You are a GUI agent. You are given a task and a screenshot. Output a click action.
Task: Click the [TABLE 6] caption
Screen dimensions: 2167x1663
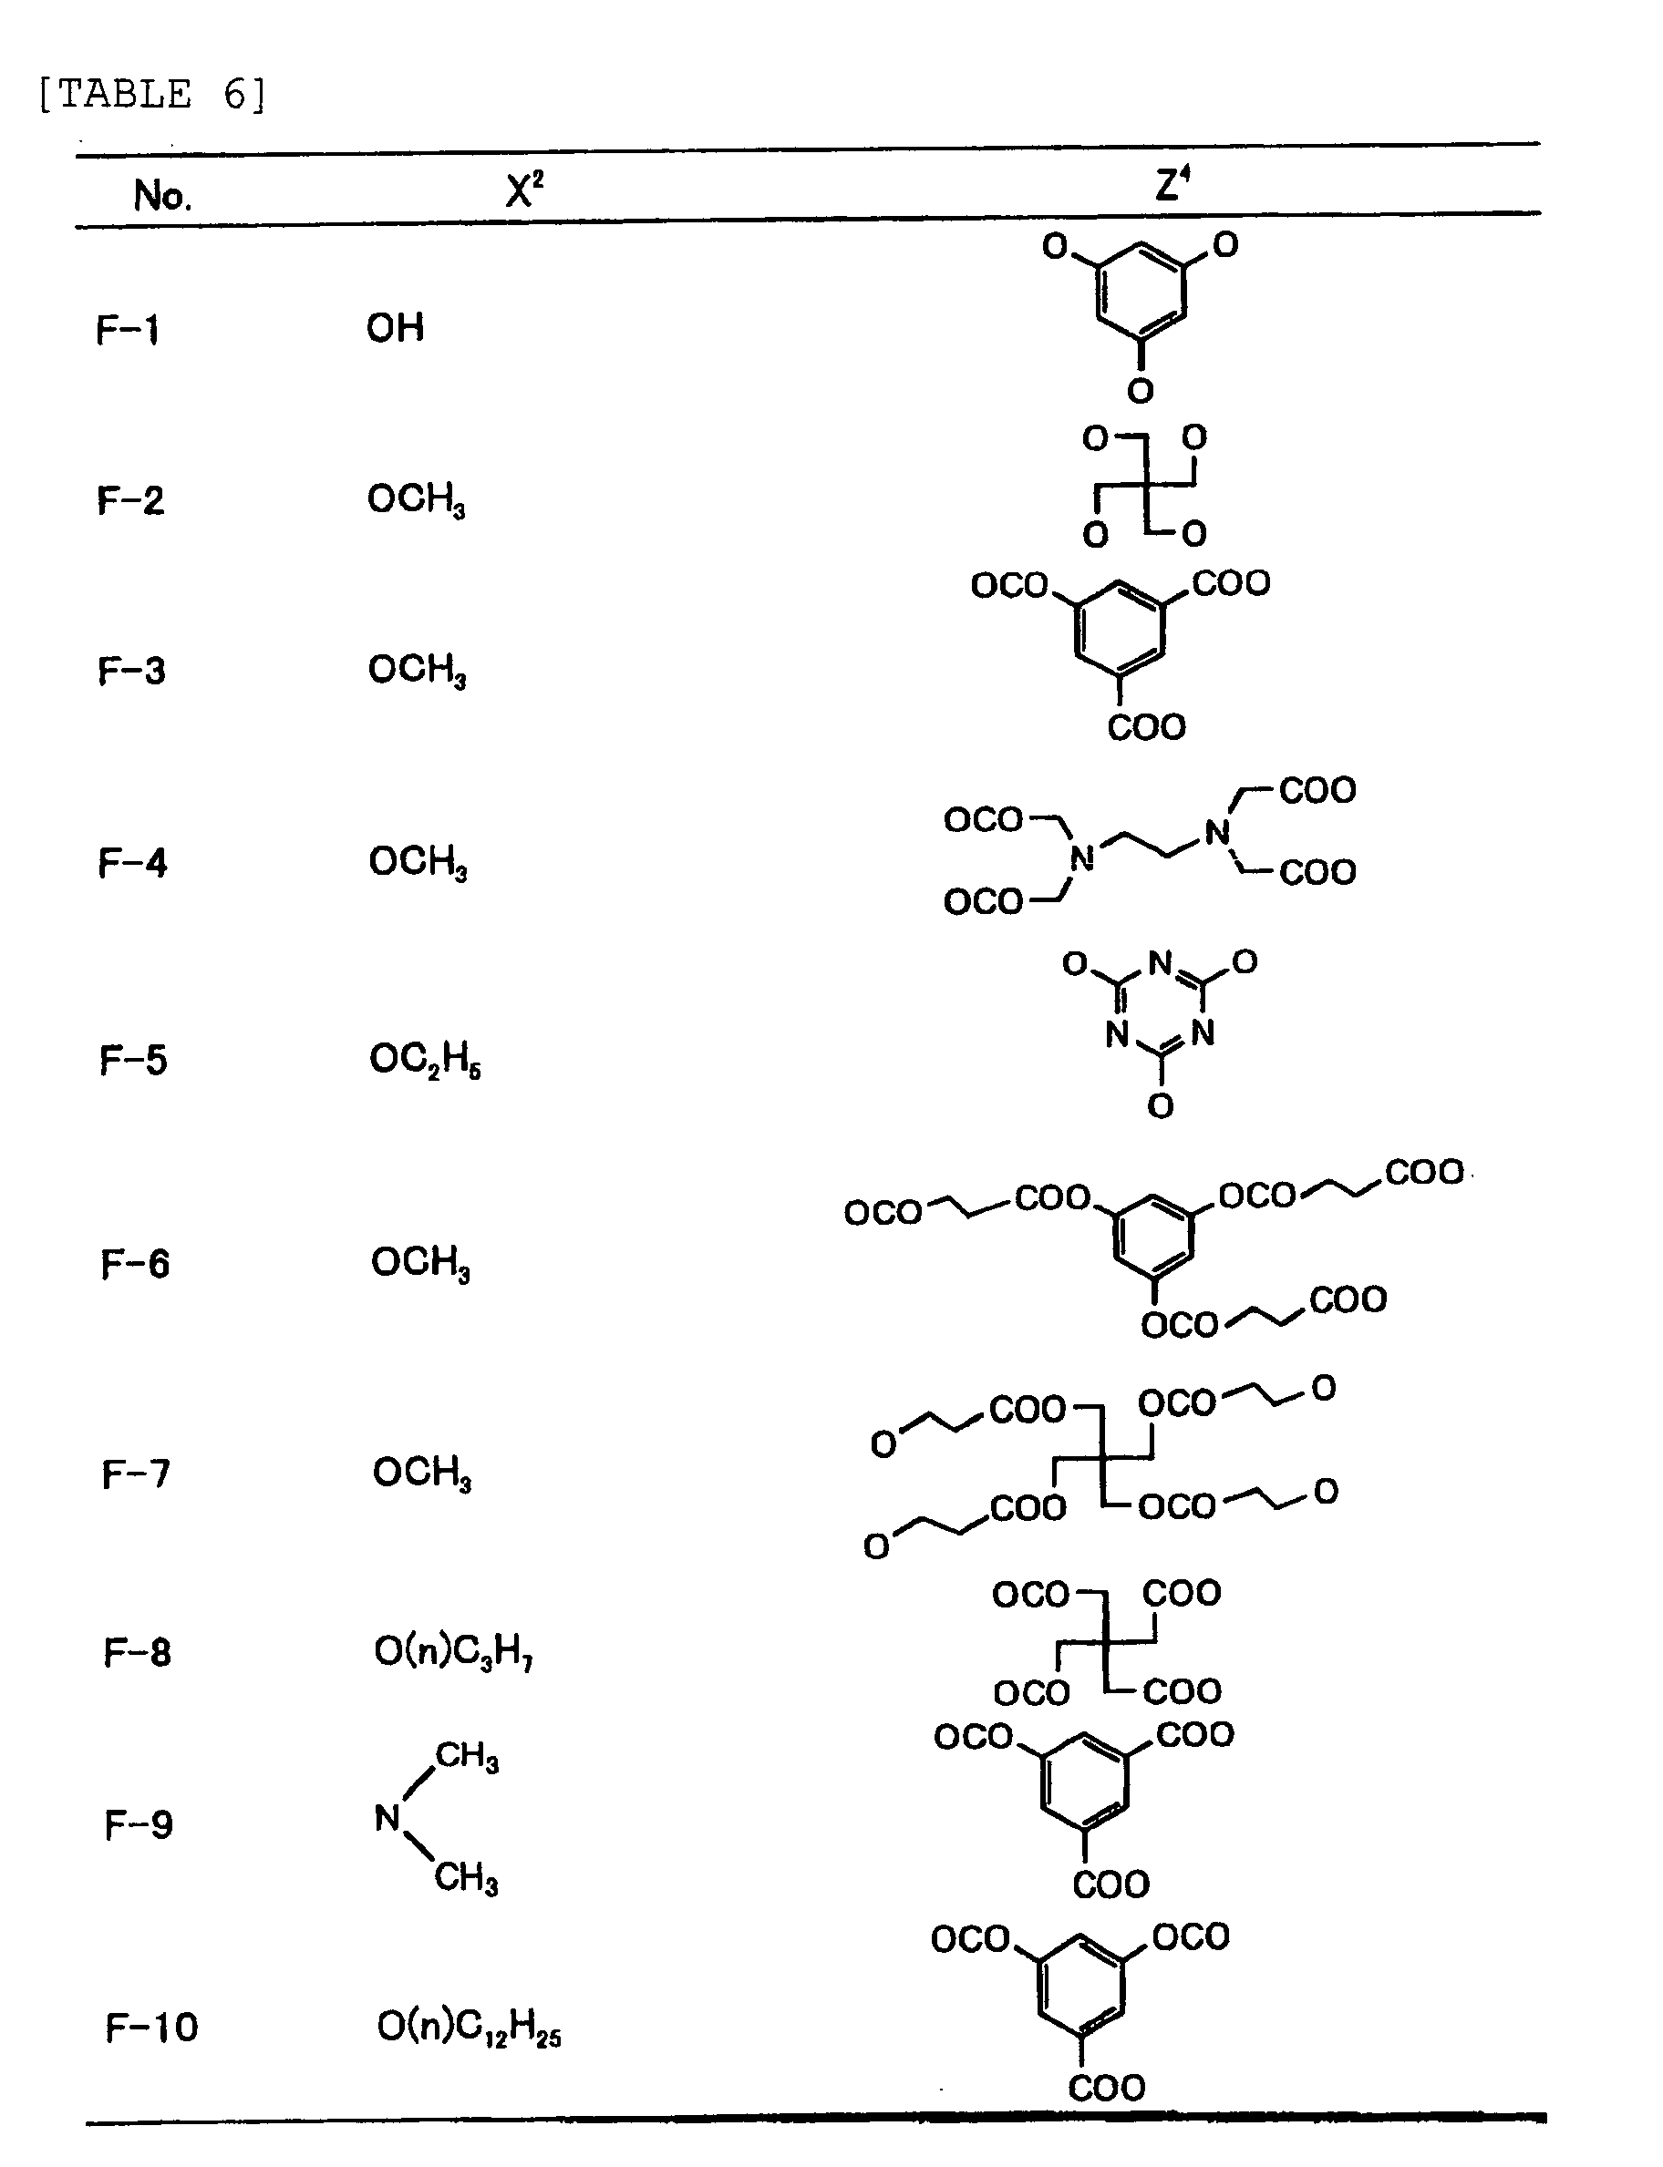(151, 95)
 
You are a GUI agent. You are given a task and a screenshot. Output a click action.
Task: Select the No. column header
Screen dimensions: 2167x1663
(162, 196)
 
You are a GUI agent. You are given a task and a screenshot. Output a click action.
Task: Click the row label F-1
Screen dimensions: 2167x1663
(128, 330)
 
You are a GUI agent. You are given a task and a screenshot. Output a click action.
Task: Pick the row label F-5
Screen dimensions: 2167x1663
(134, 1061)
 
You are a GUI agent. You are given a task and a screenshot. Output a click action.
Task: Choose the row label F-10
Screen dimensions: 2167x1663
(151, 2028)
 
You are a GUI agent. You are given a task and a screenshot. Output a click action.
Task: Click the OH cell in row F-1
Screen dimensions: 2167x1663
(395, 327)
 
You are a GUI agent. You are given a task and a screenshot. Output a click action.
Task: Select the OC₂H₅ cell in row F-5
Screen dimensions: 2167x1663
(425, 1061)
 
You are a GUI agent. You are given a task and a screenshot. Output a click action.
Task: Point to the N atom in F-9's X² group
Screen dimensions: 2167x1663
(387, 1818)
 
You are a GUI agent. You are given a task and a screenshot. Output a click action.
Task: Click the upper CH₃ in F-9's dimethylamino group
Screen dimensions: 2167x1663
(466, 1756)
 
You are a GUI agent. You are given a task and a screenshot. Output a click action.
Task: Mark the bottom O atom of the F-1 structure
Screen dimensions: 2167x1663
(1141, 391)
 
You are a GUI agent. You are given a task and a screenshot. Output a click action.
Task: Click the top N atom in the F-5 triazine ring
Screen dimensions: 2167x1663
(1160, 961)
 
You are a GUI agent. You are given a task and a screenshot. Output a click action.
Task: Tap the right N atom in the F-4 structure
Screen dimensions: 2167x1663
(1216, 833)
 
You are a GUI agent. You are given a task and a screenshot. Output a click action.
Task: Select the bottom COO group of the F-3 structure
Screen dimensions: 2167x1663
(1145, 728)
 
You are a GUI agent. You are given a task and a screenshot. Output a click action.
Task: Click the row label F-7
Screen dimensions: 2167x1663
(136, 1474)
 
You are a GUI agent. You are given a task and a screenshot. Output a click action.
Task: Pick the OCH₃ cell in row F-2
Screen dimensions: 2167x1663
(416, 499)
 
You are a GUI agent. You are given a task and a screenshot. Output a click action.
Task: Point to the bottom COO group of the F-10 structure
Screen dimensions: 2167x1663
(1107, 2088)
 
